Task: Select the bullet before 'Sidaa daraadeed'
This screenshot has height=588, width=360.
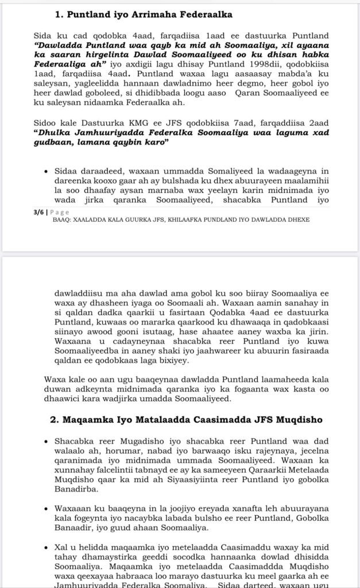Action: click(45, 171)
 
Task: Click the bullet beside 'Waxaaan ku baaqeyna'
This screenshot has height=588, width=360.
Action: click(45, 508)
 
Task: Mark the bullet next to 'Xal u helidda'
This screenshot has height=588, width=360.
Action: click(45, 543)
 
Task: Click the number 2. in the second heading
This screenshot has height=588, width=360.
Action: click(55, 420)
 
